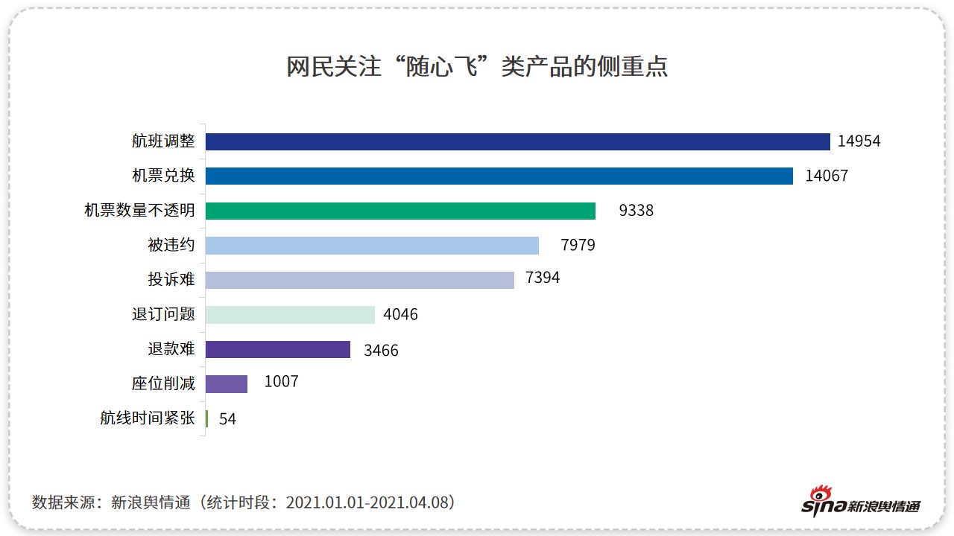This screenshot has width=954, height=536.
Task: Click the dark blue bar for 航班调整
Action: [517, 141]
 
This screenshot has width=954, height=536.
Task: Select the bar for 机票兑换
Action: [499, 176]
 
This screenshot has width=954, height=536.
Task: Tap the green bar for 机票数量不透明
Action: [400, 211]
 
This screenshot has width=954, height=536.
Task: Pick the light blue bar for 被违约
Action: [372, 246]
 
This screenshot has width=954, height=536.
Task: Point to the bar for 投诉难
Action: [359, 280]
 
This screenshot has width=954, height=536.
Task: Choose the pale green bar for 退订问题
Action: [290, 315]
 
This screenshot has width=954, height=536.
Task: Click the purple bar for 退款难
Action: [277, 349]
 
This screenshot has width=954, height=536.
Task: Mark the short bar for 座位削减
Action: [226, 384]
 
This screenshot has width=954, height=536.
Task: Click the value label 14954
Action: [859, 141]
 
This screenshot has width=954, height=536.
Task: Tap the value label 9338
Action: [636, 211]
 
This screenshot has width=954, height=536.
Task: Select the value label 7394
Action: [543, 278]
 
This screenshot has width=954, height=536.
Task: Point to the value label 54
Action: [227, 419]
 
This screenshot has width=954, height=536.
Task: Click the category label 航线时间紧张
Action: [148, 418]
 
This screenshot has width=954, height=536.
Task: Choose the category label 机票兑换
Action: [163, 176]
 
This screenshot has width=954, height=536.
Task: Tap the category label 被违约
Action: [171, 246]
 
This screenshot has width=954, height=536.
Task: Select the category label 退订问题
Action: [163, 315]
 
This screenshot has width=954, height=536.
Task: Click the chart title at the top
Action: [477, 66]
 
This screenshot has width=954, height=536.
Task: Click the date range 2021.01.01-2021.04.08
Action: [370, 502]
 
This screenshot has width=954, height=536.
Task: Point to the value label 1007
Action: [281, 382]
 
